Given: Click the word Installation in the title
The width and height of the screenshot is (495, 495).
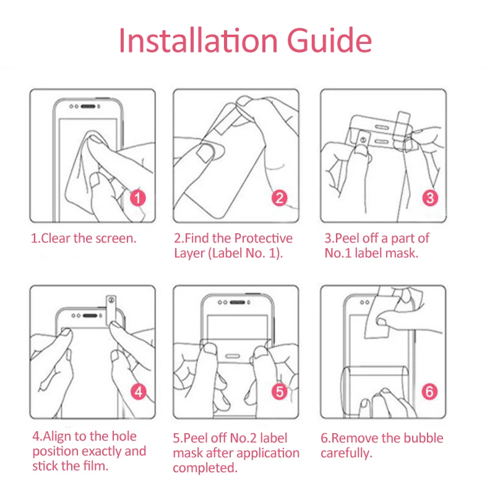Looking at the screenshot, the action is (198, 40).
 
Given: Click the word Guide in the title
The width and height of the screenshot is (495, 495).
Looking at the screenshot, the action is (329, 40).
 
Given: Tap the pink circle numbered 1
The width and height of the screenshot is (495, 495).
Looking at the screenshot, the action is (137, 198).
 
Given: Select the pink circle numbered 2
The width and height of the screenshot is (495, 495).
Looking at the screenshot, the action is (280, 198).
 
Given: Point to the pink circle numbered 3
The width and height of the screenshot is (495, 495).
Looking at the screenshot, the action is (430, 198).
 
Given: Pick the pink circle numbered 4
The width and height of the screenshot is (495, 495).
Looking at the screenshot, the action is (139, 392).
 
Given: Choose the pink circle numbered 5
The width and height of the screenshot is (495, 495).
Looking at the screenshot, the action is (280, 392).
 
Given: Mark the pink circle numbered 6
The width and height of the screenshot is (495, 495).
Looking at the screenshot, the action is (429, 392).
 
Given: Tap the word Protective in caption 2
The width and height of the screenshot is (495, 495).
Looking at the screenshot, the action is (264, 238).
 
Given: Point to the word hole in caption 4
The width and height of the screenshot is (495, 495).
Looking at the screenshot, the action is (124, 436).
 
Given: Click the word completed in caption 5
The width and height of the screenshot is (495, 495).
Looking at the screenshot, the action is (205, 468).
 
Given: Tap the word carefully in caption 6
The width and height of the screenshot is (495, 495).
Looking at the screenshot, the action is (346, 454).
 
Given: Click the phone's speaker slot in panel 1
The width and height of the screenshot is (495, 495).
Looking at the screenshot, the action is (88, 106).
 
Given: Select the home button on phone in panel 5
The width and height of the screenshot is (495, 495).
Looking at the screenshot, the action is (233, 356).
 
